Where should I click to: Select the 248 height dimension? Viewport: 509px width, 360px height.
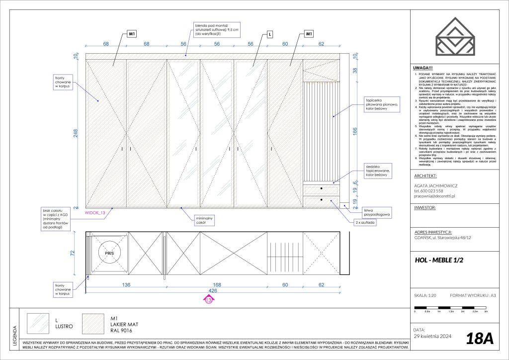tap(76, 134)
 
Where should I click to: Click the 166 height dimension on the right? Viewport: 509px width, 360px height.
tap(354, 131)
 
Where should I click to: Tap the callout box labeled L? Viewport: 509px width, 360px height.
tap(269, 34)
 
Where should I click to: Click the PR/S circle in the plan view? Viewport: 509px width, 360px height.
tap(109, 253)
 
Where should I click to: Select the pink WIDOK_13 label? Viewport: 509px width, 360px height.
tap(96, 213)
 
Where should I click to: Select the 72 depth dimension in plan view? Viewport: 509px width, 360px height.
tap(72, 253)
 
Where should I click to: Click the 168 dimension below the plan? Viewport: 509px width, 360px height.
tap(217, 285)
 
